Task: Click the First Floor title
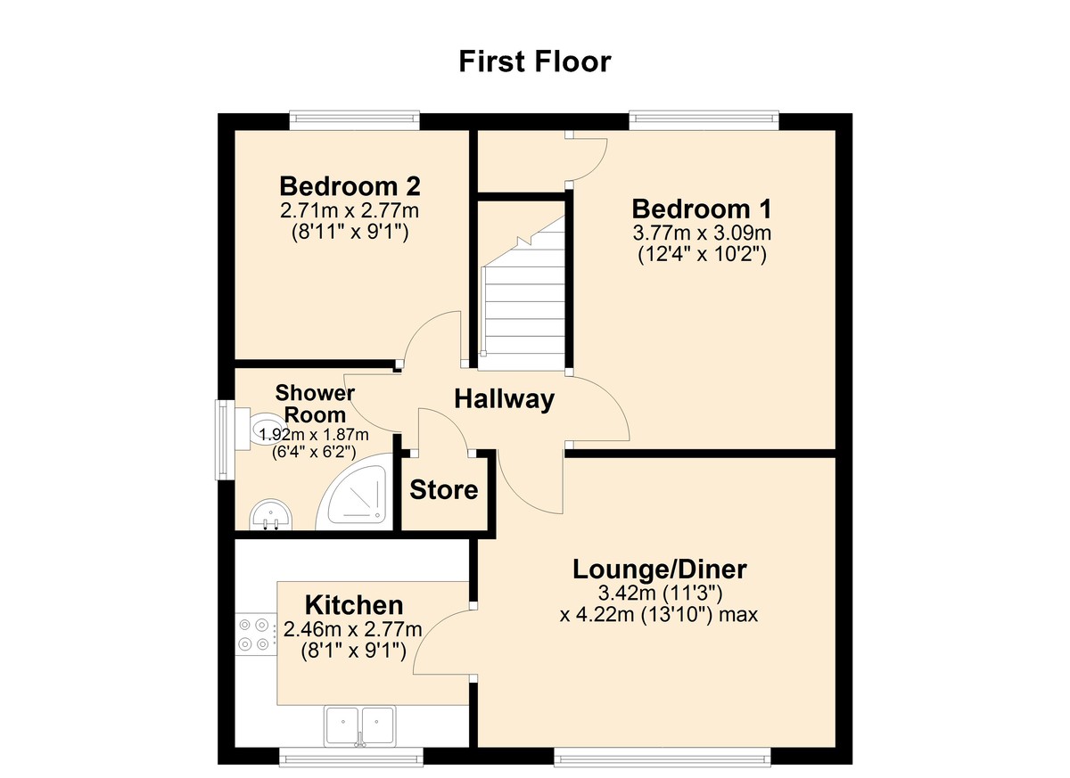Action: [x=535, y=61]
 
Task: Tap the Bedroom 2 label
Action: [x=350, y=186]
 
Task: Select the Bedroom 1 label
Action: [x=702, y=209]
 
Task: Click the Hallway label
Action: [x=504, y=399]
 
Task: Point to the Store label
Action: [x=443, y=490]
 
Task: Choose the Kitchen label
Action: [x=354, y=605]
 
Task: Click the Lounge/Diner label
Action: [x=659, y=569]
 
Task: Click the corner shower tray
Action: [x=357, y=495]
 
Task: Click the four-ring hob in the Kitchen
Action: [x=253, y=635]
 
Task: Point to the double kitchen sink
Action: [x=360, y=725]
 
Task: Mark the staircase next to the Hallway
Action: [x=524, y=294]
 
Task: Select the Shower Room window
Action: [x=224, y=441]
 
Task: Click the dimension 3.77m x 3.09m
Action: [x=702, y=233]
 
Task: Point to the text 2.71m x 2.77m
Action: [x=350, y=211]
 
